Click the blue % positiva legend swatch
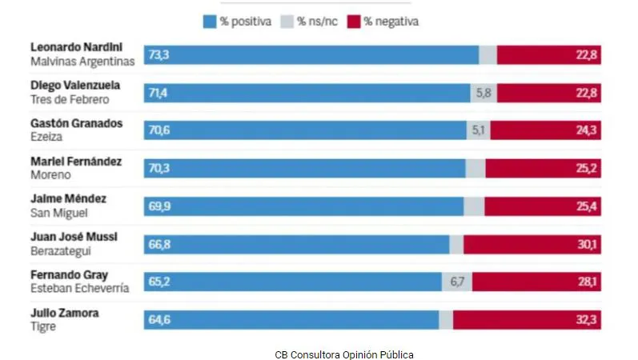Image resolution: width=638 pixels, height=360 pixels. pos(209,22)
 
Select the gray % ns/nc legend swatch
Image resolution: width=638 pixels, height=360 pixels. pos(287,22)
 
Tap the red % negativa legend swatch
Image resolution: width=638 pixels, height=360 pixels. pos(354,22)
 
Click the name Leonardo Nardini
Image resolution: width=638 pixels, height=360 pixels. pos(76,48)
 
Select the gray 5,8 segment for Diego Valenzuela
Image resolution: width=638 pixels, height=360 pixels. pos(484,93)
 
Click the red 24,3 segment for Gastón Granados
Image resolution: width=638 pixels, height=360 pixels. pos(545,130)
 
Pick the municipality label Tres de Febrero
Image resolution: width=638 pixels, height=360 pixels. pos(70,99)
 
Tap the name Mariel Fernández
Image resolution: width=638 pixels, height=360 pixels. pos(76,162)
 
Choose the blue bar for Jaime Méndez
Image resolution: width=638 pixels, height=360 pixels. pos(303,206)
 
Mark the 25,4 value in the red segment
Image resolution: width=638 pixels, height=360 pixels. pos(587,206)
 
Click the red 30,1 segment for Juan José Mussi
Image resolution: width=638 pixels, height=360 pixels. pos(532,244)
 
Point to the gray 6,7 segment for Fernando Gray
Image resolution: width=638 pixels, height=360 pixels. pos(457,282)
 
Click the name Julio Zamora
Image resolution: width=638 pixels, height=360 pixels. pos(65,313)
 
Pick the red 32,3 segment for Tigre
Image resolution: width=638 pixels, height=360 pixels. pos(527,320)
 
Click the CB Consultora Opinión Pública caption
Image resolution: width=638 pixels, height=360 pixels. pos(344,353)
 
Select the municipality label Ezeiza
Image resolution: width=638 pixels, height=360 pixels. pos(46,137)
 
